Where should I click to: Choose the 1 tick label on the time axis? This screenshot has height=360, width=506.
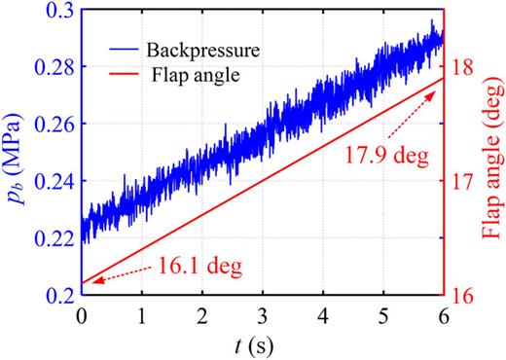point(142,316)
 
